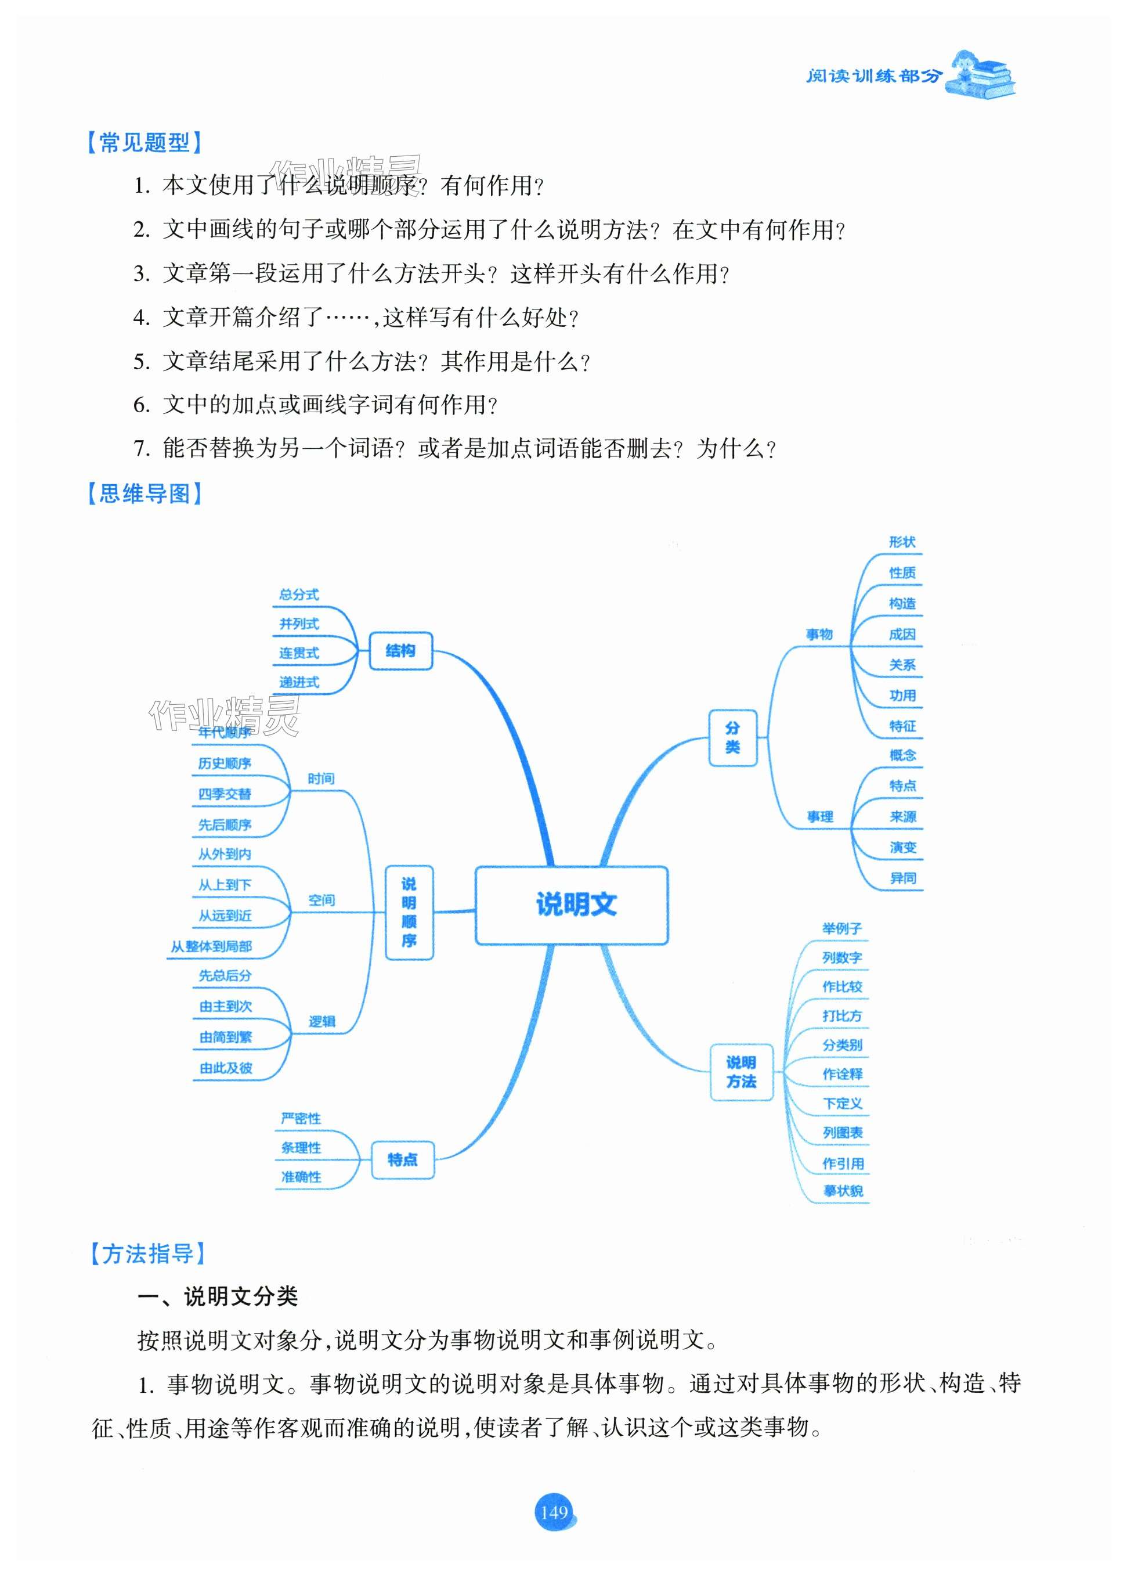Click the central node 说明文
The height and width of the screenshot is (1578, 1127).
(571, 905)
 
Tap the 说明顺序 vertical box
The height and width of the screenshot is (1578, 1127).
(409, 912)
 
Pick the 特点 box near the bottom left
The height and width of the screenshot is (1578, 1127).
(403, 1159)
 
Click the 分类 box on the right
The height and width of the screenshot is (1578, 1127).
(732, 737)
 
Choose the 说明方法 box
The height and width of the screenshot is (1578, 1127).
(741, 1072)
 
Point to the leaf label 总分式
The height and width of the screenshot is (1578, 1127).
(299, 595)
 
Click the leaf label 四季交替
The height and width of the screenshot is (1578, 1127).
(225, 794)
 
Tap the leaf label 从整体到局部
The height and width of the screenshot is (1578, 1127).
(212, 946)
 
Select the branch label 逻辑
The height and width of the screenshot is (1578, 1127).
(322, 1021)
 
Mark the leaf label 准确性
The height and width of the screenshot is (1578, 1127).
(301, 1177)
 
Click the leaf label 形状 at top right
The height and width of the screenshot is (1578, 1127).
(902, 542)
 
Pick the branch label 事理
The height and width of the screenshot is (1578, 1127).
(819, 817)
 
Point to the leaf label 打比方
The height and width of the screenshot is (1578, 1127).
(842, 1015)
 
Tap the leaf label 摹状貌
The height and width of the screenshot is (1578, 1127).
(843, 1191)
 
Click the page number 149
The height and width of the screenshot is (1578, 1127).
(554, 1512)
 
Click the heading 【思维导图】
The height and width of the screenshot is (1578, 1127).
(145, 493)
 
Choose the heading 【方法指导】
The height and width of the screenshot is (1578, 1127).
(148, 1254)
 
